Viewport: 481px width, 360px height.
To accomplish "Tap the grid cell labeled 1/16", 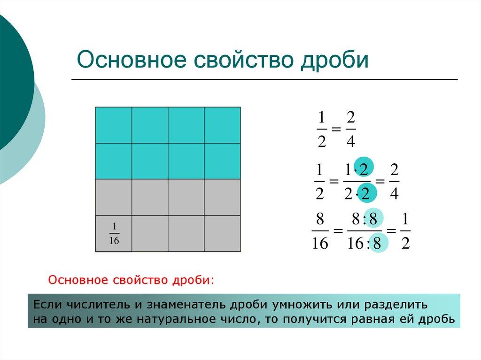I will pyautogui.click(x=114, y=234).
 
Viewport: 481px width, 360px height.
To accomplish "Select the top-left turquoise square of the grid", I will pyautogui.click(x=114, y=125).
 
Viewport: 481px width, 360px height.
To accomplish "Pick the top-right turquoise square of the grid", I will pyautogui.click(x=222, y=125).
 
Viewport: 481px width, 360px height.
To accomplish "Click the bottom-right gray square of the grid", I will pyautogui.click(x=222, y=234).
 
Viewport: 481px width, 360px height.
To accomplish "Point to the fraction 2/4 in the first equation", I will pyautogui.click(x=350, y=130).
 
